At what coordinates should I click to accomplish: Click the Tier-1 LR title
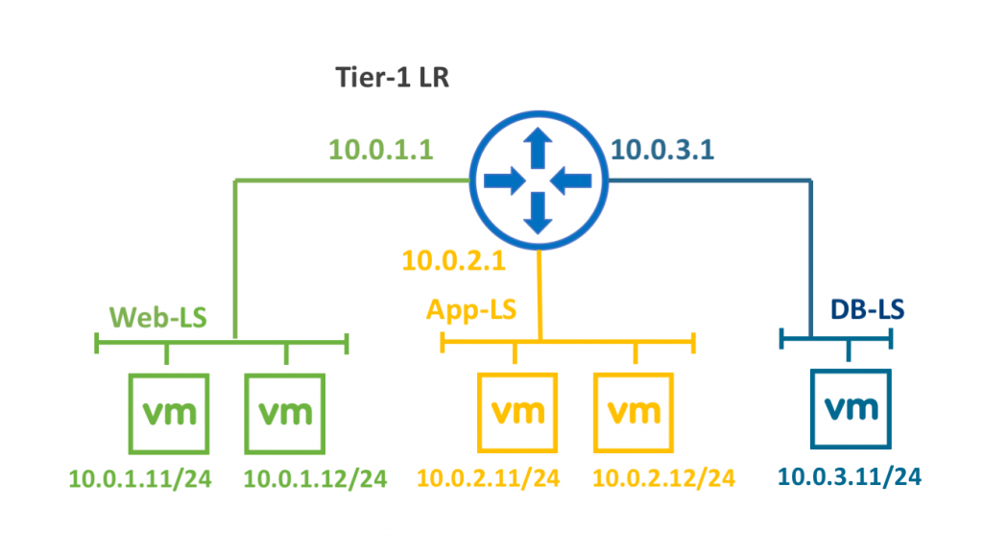click(393, 78)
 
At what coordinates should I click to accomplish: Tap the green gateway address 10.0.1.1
click(381, 150)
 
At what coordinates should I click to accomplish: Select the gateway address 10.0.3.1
click(662, 150)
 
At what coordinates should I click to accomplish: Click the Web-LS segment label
click(158, 318)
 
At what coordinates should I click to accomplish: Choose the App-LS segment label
click(471, 309)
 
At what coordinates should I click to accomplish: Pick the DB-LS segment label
click(868, 309)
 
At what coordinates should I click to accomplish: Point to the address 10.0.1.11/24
click(140, 479)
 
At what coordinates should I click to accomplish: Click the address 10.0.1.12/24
click(315, 479)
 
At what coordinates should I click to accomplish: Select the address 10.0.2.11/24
click(489, 478)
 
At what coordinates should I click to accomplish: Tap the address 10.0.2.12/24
click(664, 478)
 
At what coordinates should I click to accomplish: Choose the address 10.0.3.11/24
click(850, 477)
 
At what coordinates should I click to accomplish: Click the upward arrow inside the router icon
click(538, 148)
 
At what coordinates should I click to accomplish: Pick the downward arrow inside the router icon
click(538, 213)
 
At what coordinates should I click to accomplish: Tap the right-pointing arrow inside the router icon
click(505, 181)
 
